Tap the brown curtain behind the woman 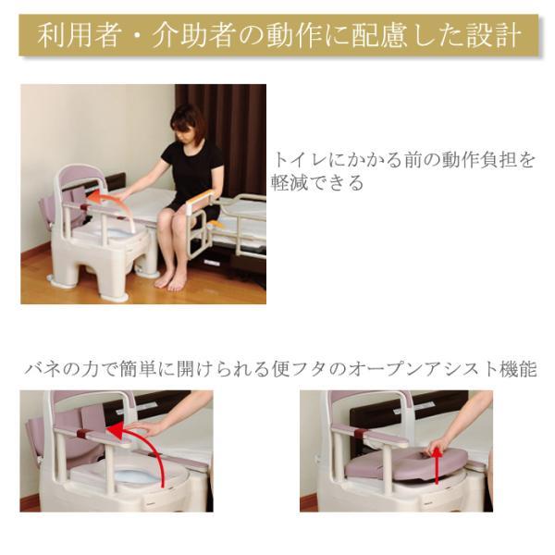pos(236,139)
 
